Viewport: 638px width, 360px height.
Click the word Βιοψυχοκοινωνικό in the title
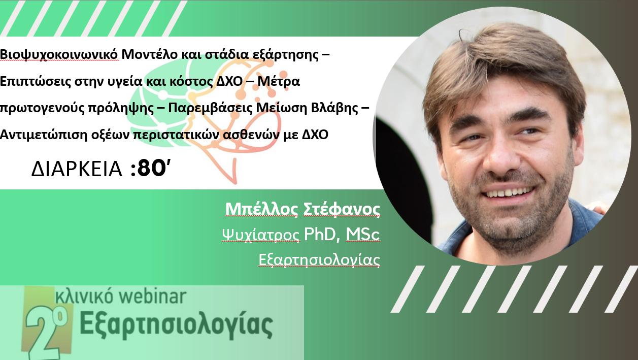click(59, 54)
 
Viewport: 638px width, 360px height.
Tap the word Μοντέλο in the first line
click(150, 54)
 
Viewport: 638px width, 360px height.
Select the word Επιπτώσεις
click(36, 81)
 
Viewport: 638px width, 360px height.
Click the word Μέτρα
click(279, 81)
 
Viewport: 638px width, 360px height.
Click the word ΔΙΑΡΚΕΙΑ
click(77, 169)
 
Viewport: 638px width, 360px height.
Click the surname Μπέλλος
click(261, 209)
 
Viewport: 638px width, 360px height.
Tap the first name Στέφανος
click(342, 209)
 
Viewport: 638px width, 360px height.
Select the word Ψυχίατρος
click(261, 235)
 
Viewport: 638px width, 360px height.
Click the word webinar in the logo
click(153, 296)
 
